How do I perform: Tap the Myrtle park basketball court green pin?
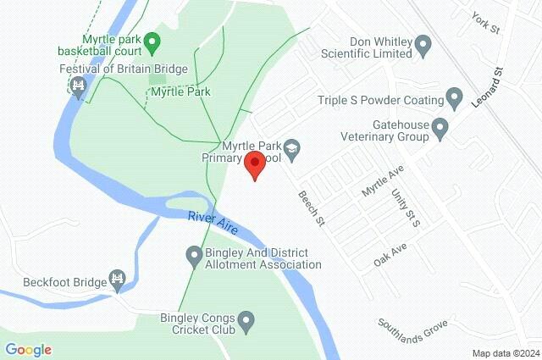coord(152,41)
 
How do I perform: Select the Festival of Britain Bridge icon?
coord(80,86)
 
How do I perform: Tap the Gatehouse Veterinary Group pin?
coord(440,129)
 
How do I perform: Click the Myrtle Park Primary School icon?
coord(292,148)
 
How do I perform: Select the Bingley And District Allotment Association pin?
coord(194,254)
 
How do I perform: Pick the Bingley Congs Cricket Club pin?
coord(246,321)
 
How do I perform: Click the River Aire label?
coord(213,224)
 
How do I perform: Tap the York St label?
coord(488,24)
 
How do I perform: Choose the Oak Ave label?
coord(390,255)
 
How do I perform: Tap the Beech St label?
coord(311,208)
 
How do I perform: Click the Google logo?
coord(28,349)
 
